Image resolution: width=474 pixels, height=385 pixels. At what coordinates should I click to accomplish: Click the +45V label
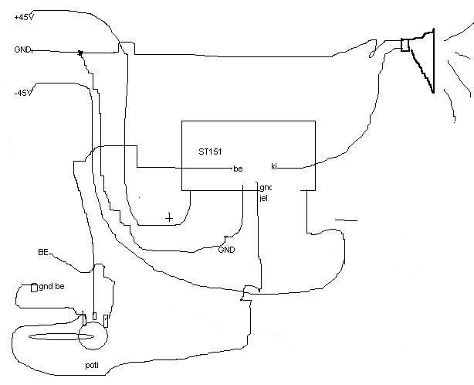click(23, 17)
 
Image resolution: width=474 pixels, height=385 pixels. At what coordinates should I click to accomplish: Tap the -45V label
click(22, 93)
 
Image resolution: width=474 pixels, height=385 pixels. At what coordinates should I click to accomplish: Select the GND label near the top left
click(22, 50)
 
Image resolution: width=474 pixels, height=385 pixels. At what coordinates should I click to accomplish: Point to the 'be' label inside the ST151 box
click(238, 169)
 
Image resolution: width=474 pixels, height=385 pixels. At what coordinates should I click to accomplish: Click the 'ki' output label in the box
click(274, 166)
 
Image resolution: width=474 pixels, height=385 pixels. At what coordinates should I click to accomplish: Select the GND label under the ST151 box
click(226, 250)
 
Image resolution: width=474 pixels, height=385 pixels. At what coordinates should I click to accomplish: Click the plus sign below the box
click(169, 217)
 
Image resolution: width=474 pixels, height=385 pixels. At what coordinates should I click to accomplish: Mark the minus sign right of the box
click(347, 220)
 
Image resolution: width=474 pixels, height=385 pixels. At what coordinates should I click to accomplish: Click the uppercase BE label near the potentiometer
click(44, 253)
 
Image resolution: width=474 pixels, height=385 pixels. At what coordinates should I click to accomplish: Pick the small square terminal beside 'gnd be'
click(33, 288)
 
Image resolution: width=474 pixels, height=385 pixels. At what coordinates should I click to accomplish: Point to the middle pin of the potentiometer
click(94, 317)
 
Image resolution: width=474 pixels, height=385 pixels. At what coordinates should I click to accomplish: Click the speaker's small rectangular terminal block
click(405, 46)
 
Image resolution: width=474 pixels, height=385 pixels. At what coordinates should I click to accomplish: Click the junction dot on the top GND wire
click(80, 53)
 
